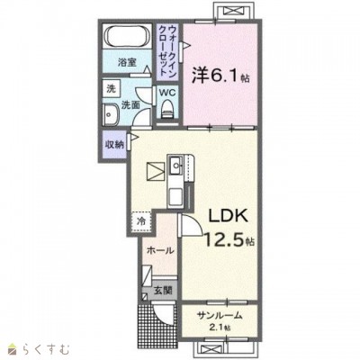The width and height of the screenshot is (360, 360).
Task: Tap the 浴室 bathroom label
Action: tap(127, 63)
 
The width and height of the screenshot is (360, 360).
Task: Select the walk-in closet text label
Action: tap(167, 50)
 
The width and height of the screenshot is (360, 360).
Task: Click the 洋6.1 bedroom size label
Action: tap(220, 75)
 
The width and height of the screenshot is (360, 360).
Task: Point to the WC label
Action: tap(167, 93)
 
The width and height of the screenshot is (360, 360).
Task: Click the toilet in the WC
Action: tap(167, 110)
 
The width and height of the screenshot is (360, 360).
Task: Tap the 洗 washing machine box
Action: tap(112, 88)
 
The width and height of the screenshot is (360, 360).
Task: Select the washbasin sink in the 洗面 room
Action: tap(111, 115)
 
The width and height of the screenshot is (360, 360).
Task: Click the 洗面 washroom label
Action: tap(130, 105)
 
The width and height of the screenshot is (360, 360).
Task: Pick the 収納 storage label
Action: tap(114, 145)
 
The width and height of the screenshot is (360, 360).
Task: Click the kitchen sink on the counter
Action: tap(175, 165)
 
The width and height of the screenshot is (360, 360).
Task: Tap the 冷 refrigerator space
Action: tap(141, 221)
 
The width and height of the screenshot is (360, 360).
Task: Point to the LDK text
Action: tap(229, 215)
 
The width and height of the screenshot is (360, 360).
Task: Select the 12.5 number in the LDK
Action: tap(224, 239)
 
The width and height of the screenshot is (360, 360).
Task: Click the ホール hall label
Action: tap(160, 250)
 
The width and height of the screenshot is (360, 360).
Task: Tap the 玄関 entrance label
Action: tap(164, 290)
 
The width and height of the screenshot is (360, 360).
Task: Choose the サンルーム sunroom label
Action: tap(220, 315)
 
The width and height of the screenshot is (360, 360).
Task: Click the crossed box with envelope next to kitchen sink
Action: tap(156, 171)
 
